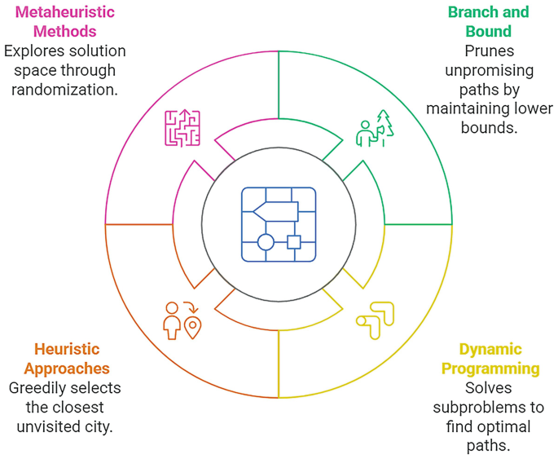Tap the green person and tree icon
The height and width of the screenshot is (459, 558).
(375, 129)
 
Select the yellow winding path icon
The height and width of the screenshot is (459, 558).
(375, 320)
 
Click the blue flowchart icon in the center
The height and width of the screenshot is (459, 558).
(279, 224)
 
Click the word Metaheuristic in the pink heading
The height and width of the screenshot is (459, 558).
(64, 12)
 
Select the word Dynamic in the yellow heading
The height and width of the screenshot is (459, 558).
(490, 350)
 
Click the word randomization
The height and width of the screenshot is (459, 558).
(64, 90)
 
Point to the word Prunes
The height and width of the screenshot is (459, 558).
(489, 51)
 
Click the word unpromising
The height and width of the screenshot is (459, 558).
(489, 71)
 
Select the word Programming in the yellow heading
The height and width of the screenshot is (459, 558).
(490, 369)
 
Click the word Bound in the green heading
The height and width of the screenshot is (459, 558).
(489, 32)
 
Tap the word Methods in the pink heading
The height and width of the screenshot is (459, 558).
(64, 32)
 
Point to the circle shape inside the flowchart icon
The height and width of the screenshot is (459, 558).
(266, 241)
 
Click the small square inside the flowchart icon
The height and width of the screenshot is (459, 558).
(294, 241)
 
